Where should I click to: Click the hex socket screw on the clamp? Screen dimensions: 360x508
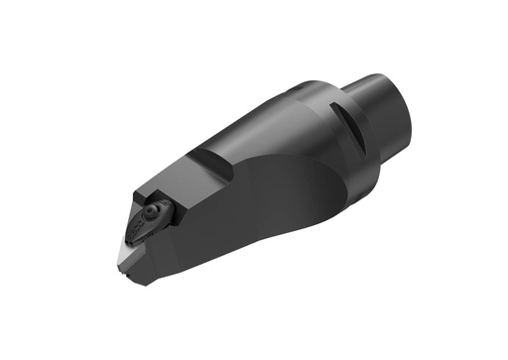pos(151,211)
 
